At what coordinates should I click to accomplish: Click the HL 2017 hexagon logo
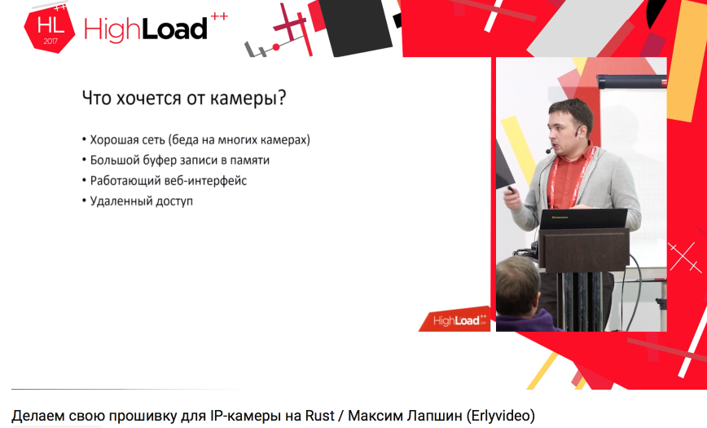(50, 30)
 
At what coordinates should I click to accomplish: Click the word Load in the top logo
(174, 30)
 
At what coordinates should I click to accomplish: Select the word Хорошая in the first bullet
(115, 139)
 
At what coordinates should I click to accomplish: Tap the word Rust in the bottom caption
(320, 415)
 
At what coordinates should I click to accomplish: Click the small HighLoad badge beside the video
(455, 320)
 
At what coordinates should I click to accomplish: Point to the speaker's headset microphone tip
(548, 151)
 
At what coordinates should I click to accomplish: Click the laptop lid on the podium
(583, 218)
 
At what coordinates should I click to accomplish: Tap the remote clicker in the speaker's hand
(511, 190)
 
